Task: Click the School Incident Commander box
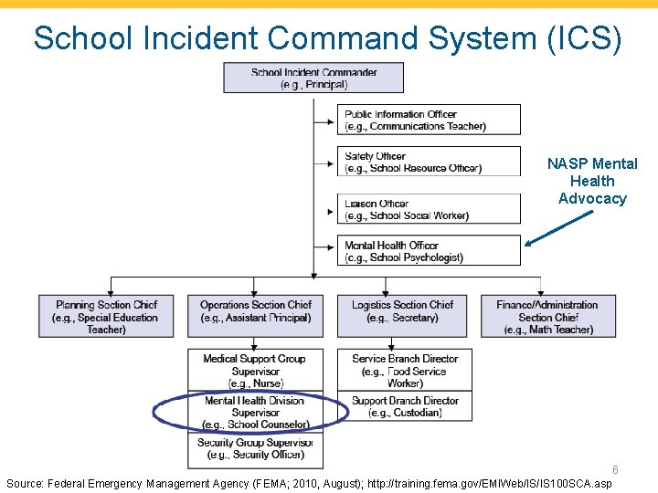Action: click(313, 78)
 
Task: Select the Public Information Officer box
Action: click(429, 120)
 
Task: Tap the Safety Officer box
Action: click(429, 162)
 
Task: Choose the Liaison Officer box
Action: click(429, 209)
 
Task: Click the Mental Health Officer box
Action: click(429, 251)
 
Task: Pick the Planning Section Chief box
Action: click(106, 317)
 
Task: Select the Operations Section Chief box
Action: click(256, 317)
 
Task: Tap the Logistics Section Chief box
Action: click(404, 317)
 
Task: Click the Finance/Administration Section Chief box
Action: click(548, 317)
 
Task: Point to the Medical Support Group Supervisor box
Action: click(256, 371)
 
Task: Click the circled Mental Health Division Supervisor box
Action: click(256, 413)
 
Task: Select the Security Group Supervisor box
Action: click(256, 448)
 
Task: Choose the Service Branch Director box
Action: click(405, 371)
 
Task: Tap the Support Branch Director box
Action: click(405, 406)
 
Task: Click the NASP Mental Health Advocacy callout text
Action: click(592, 181)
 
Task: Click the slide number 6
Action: click(615, 470)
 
